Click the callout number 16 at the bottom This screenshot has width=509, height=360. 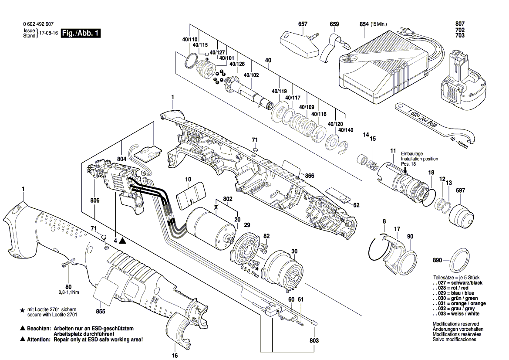[x=175, y=355]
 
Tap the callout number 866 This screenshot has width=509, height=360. [x=310, y=176]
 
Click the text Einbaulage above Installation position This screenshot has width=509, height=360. [x=411, y=154]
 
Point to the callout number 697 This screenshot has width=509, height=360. [x=461, y=190]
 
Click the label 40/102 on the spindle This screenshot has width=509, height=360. [x=251, y=75]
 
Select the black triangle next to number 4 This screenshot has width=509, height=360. [x=122, y=240]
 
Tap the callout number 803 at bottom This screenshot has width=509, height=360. [x=314, y=340]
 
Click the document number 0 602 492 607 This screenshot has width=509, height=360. [x=38, y=25]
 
